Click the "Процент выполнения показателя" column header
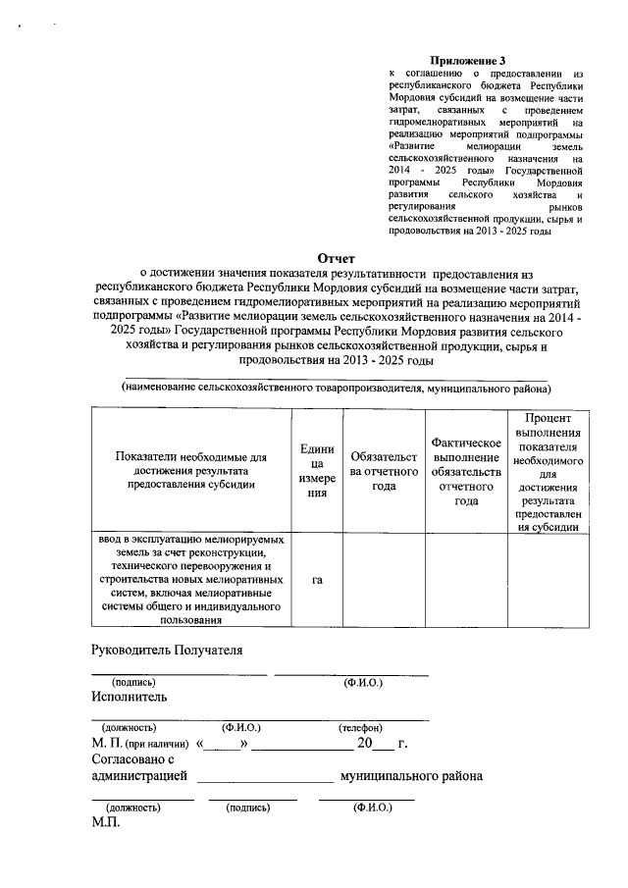tap(549, 472)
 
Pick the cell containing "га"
tap(317, 580)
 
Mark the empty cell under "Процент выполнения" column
tap(549, 580)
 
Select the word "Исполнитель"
tap(129, 697)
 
